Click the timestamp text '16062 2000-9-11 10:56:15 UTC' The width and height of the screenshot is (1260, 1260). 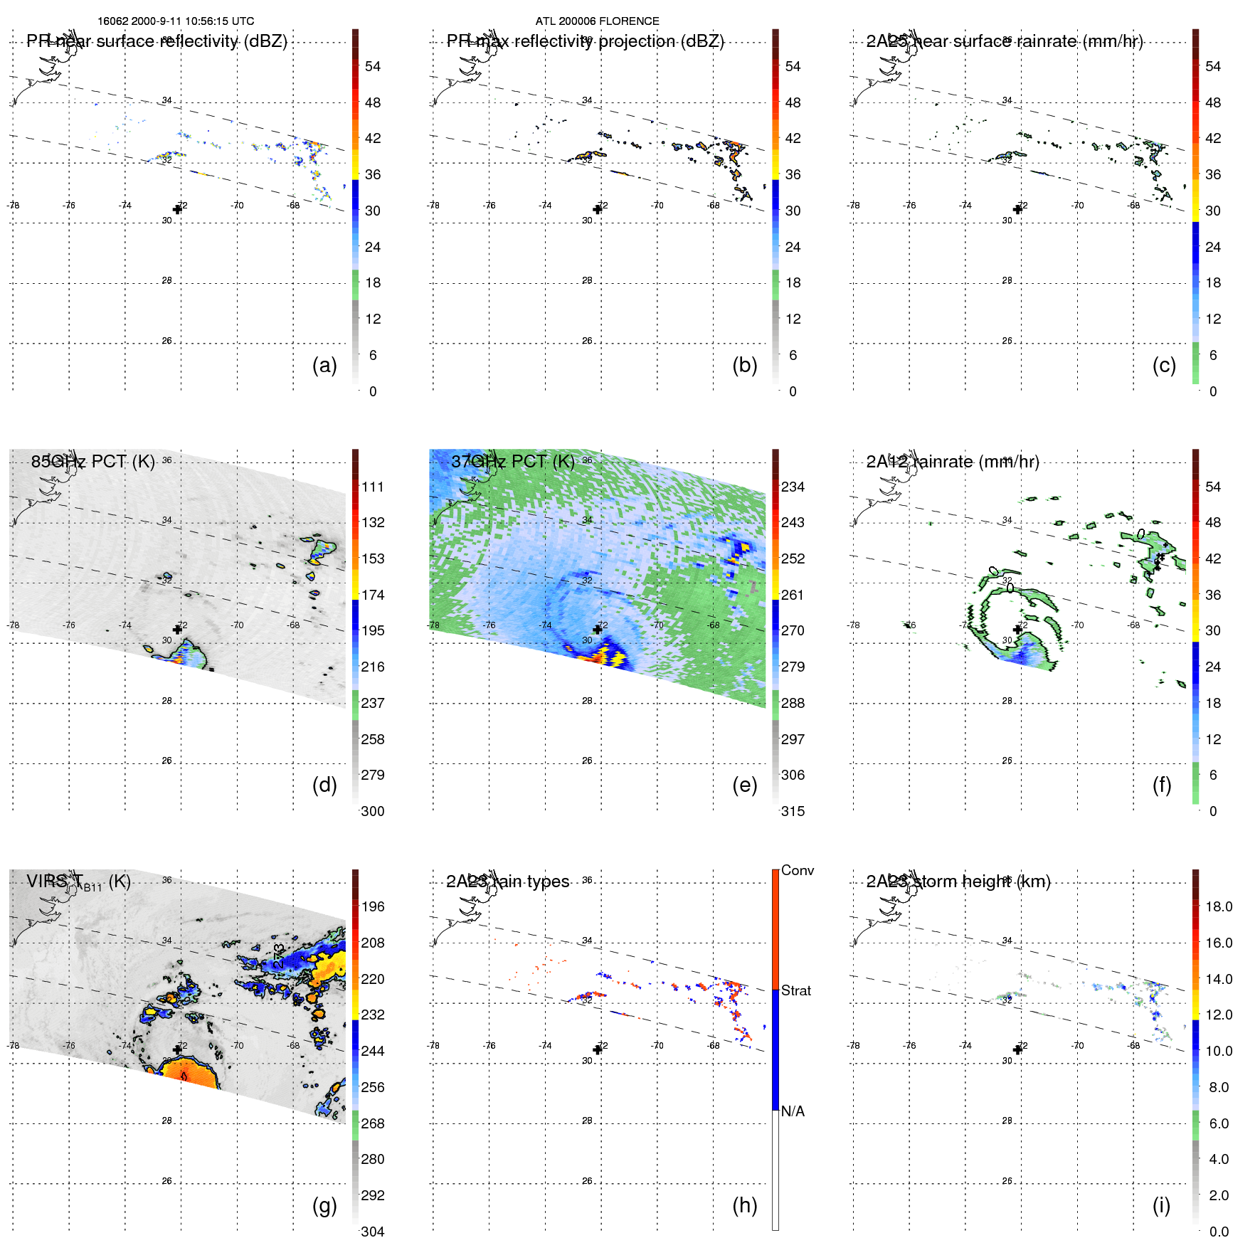click(176, 21)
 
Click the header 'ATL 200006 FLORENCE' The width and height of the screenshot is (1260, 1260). click(597, 21)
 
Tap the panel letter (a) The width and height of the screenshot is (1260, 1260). click(324, 365)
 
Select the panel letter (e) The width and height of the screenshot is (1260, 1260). click(744, 785)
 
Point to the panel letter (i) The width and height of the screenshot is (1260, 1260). click(1161, 1205)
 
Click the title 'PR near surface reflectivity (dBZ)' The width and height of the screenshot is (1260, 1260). click(157, 41)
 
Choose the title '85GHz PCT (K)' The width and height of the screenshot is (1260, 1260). click(92, 461)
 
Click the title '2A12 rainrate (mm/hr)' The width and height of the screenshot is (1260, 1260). click(952, 462)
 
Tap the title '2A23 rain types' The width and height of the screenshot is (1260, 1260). click(507, 882)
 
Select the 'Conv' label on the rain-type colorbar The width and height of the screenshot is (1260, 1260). click(797, 870)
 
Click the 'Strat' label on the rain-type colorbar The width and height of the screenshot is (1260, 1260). click(795, 990)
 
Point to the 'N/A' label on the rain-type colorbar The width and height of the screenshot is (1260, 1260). click(793, 1111)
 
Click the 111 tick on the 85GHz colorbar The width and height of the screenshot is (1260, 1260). click(373, 487)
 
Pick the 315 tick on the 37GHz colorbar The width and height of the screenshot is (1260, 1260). click(793, 811)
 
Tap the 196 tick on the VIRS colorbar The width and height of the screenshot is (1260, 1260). click(373, 906)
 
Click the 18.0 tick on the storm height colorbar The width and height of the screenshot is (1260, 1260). click(1218, 906)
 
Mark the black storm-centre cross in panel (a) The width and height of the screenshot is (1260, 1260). click(177, 209)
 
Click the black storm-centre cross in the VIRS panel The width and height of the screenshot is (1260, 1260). click(177, 1049)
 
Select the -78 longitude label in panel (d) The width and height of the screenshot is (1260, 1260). click(13, 625)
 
